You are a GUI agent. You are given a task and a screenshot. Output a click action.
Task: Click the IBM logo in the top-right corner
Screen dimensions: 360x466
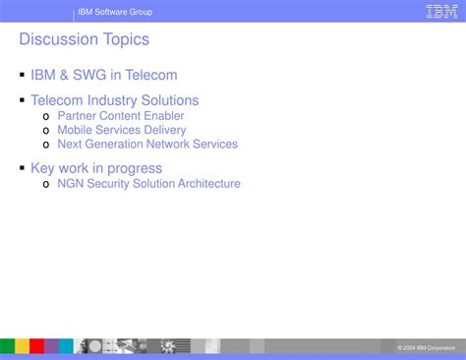point(440,12)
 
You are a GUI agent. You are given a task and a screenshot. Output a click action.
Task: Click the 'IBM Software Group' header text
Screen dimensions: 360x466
point(116,12)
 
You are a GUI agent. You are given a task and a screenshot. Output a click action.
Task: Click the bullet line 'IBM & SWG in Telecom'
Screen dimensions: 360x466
point(103,75)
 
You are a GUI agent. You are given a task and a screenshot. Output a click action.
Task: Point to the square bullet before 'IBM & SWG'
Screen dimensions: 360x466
point(22,74)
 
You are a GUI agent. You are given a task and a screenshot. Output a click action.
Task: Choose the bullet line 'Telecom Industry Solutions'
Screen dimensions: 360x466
point(114,100)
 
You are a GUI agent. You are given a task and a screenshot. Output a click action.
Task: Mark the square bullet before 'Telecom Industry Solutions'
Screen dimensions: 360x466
point(22,99)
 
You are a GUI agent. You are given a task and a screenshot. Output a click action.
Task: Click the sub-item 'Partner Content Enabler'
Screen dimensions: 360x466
point(121,116)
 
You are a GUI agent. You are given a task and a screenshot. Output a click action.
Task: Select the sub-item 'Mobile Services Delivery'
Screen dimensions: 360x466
point(121,130)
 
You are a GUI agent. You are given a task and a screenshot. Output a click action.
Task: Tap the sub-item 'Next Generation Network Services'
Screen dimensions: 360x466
point(147,144)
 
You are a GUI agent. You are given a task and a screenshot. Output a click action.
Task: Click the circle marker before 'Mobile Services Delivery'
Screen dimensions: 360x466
point(46,131)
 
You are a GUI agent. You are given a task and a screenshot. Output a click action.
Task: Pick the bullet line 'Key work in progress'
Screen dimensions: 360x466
point(96,168)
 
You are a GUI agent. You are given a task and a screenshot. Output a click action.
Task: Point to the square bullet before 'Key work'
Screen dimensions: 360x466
point(22,167)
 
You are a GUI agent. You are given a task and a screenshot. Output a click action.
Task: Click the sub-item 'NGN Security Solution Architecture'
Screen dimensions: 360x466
point(148,183)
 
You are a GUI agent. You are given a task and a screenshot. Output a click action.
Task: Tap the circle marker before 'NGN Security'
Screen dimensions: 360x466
point(46,184)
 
